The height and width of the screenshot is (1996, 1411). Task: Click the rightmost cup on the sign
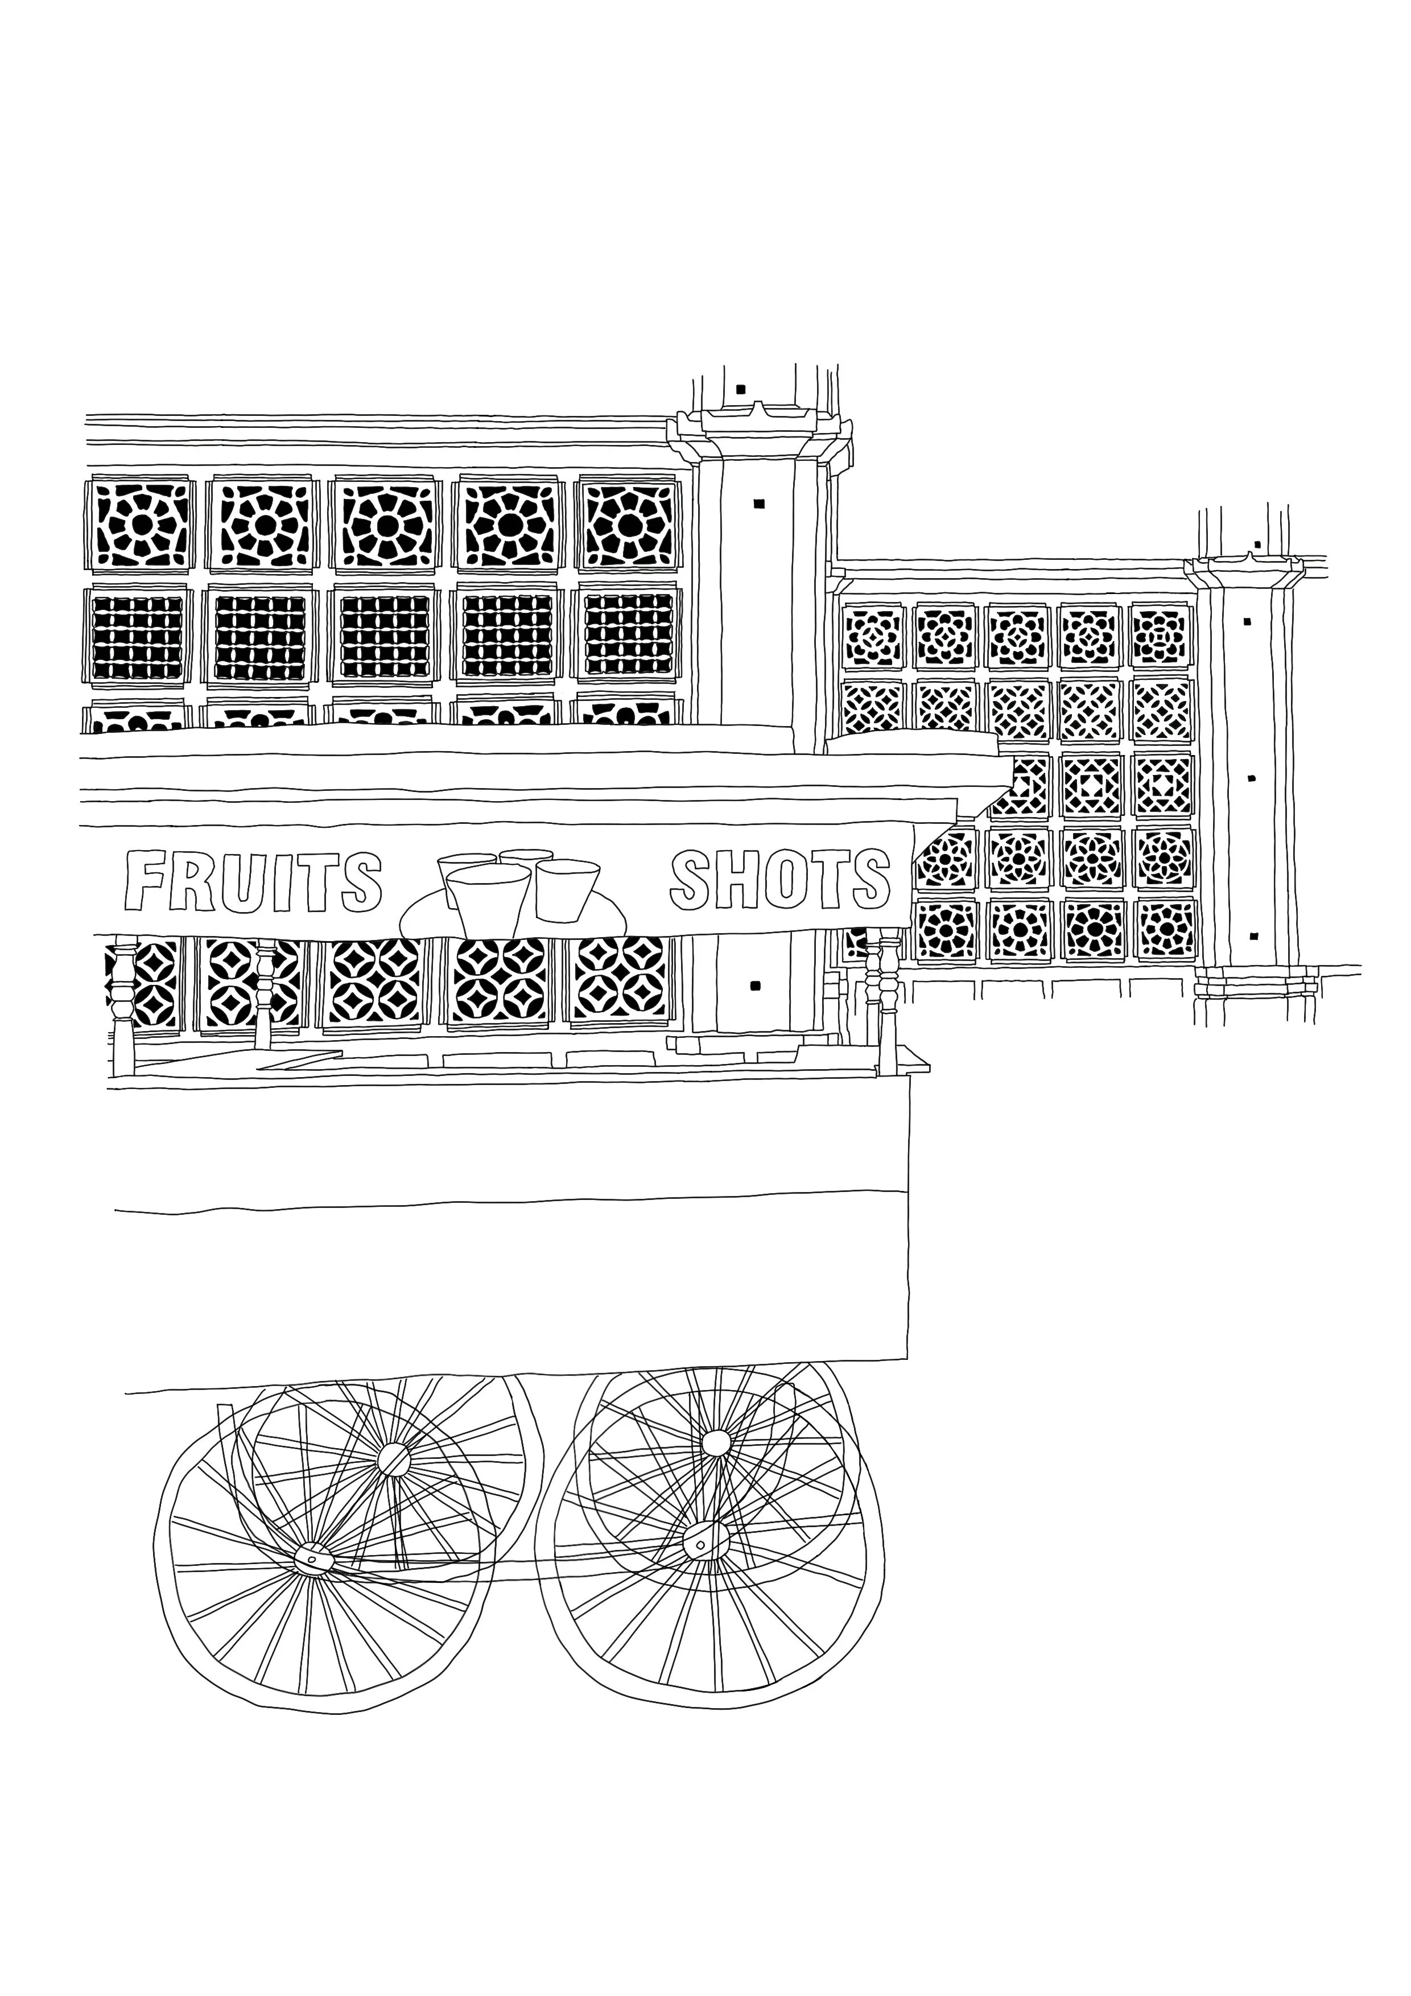coord(567,888)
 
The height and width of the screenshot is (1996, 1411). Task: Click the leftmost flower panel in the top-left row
coord(141,524)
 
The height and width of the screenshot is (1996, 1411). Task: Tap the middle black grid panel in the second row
coord(384,636)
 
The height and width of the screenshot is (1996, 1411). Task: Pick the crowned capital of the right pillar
coord(1245,566)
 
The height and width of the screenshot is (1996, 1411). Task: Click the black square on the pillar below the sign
coord(754,985)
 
